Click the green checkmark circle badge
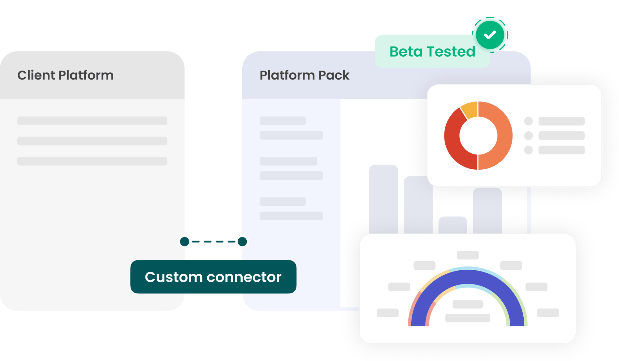point(490,34)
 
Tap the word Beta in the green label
point(406,51)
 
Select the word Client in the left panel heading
point(36,75)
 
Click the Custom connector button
point(213,277)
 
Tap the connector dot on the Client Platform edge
point(185,241)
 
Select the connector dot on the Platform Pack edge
point(242,241)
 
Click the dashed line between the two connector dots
point(214,241)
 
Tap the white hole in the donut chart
point(478,136)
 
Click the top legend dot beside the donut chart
point(528,121)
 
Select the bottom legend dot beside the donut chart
point(528,150)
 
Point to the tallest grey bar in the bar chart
point(383,198)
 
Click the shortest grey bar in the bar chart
point(453,225)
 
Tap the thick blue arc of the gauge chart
point(468,276)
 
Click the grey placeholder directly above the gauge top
point(468,255)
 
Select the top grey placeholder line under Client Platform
point(92,121)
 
